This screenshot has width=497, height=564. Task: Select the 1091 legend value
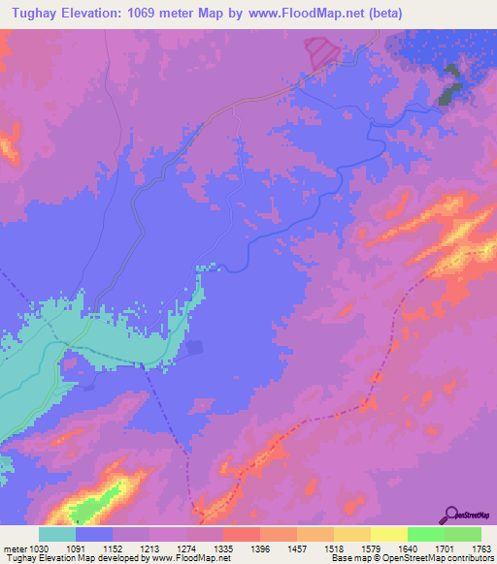tap(95, 548)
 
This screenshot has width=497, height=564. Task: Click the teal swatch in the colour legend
tap(57, 534)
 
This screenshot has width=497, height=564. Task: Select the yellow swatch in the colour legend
tap(389, 534)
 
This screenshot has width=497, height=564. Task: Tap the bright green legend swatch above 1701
tap(426, 534)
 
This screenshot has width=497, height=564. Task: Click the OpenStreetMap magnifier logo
tap(449, 515)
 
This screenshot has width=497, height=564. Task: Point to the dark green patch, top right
tap(449, 86)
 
